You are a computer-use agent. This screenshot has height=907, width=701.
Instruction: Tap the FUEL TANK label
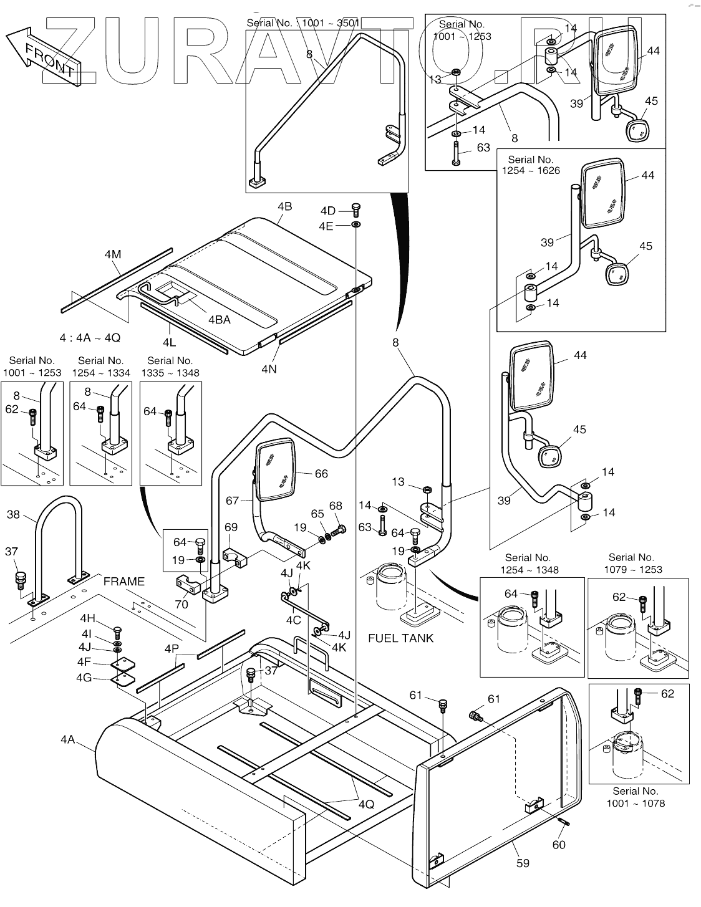click(400, 638)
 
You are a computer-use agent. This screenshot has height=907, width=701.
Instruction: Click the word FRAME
click(123, 581)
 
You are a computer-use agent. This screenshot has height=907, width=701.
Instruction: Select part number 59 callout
click(523, 863)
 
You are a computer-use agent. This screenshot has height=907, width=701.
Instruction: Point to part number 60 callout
click(559, 844)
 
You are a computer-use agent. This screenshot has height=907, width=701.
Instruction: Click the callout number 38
click(13, 514)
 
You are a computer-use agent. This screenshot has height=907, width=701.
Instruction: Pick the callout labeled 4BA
click(219, 320)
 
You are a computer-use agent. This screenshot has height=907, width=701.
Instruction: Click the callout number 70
click(181, 603)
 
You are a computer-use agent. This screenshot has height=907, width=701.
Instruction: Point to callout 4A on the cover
click(68, 739)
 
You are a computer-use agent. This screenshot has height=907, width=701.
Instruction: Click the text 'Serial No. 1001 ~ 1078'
click(635, 797)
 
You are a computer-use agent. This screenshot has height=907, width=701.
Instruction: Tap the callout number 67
click(233, 500)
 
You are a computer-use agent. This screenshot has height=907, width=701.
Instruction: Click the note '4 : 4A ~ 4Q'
click(90, 337)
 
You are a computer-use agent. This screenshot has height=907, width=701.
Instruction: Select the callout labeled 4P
click(172, 648)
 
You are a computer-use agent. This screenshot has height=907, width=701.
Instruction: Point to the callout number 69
click(231, 527)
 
